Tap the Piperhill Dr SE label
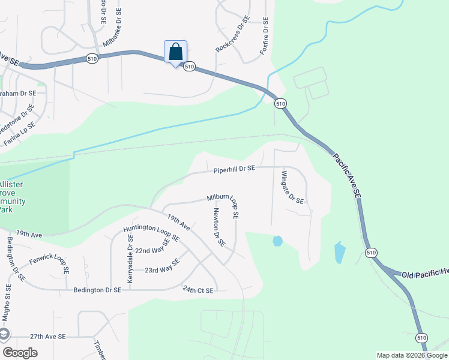(235, 170)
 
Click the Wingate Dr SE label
(292, 187)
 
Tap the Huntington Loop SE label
(151, 233)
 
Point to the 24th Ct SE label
(198, 290)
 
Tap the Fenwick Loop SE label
(49, 266)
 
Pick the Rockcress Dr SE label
(232, 35)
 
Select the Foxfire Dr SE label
(264, 36)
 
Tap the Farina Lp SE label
(20, 133)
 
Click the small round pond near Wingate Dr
(277, 241)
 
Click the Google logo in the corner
(20, 353)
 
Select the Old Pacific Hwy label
(424, 274)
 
